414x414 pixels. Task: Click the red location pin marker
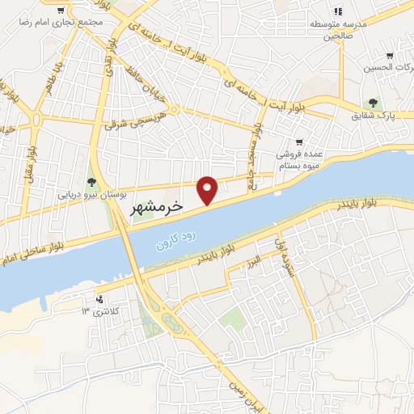tap(209, 189)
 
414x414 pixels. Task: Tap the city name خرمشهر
tap(157, 208)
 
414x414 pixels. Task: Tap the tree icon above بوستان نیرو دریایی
tap(91, 181)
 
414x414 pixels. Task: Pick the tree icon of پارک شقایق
tap(373, 103)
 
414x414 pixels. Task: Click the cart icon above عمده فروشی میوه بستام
tap(299, 140)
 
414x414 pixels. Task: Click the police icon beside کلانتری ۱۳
tap(99, 298)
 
